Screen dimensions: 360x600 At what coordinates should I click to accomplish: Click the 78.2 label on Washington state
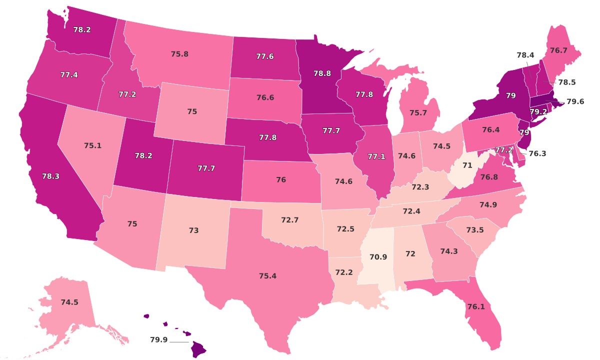point(81,29)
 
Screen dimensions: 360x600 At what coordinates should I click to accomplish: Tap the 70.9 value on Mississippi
point(378,257)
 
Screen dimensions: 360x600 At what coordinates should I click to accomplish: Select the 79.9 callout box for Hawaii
point(158,340)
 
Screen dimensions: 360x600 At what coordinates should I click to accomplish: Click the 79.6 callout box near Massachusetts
point(575,101)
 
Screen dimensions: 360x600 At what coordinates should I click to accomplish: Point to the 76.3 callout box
point(537,153)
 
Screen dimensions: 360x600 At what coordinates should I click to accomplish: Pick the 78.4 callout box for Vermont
point(525,55)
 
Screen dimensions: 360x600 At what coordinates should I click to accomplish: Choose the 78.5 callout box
point(566,81)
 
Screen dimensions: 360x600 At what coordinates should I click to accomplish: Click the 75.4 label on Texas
point(267,276)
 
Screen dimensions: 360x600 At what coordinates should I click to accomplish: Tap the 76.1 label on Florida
point(475,306)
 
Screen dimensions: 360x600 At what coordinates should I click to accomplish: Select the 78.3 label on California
point(50,176)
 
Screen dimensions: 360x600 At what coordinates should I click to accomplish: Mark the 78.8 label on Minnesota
point(322,73)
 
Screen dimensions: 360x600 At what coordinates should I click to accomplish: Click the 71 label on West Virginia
point(467,165)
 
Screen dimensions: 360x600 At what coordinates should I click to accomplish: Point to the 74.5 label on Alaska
point(69,302)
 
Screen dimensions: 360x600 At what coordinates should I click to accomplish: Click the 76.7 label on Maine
point(558,50)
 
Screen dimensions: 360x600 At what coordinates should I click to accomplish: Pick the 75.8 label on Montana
point(179,53)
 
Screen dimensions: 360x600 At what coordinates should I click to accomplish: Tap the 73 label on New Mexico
point(193,230)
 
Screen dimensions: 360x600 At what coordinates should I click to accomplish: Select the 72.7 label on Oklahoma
point(290,219)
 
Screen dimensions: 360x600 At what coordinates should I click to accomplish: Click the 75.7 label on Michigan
point(418,113)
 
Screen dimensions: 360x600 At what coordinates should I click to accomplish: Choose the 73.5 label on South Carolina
point(474,230)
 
